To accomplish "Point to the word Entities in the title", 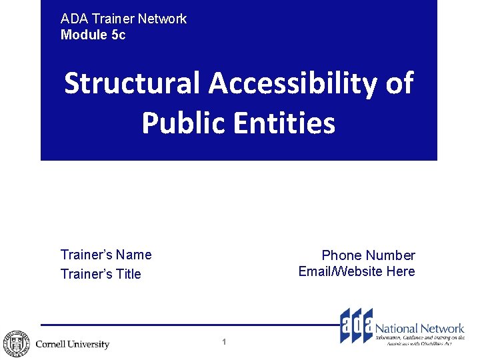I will pos(290,123).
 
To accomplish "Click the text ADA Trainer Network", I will pos(123,19).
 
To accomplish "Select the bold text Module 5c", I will pos(93,35).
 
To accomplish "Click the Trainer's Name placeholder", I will pos(106,255).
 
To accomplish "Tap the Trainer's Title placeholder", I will pos(101,274).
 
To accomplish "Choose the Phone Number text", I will pos(368,255).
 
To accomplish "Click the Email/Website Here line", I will pos(357,271).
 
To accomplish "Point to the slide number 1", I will pos(224,342).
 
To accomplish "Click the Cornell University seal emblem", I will pos(15,344).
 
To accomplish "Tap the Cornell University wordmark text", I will pos(72,345).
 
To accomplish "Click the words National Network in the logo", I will pos(419,328).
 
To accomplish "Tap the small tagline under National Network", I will pos(420,341).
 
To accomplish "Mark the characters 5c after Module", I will pos(117,35).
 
